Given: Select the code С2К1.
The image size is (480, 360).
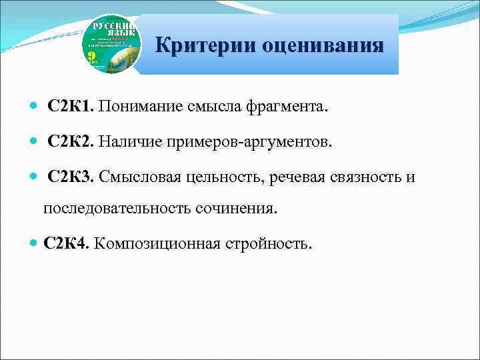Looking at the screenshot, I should click(x=71, y=107).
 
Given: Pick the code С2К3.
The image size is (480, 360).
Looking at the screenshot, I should click(x=71, y=177).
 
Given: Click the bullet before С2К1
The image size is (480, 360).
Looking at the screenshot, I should click(x=33, y=108).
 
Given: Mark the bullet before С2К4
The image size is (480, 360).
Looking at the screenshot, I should click(x=33, y=243).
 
